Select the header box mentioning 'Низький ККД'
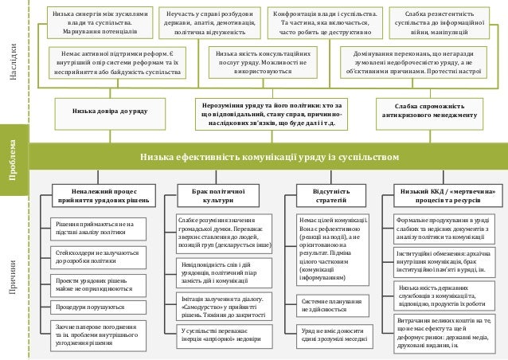(446, 196)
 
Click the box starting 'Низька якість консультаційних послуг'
(262, 61)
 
